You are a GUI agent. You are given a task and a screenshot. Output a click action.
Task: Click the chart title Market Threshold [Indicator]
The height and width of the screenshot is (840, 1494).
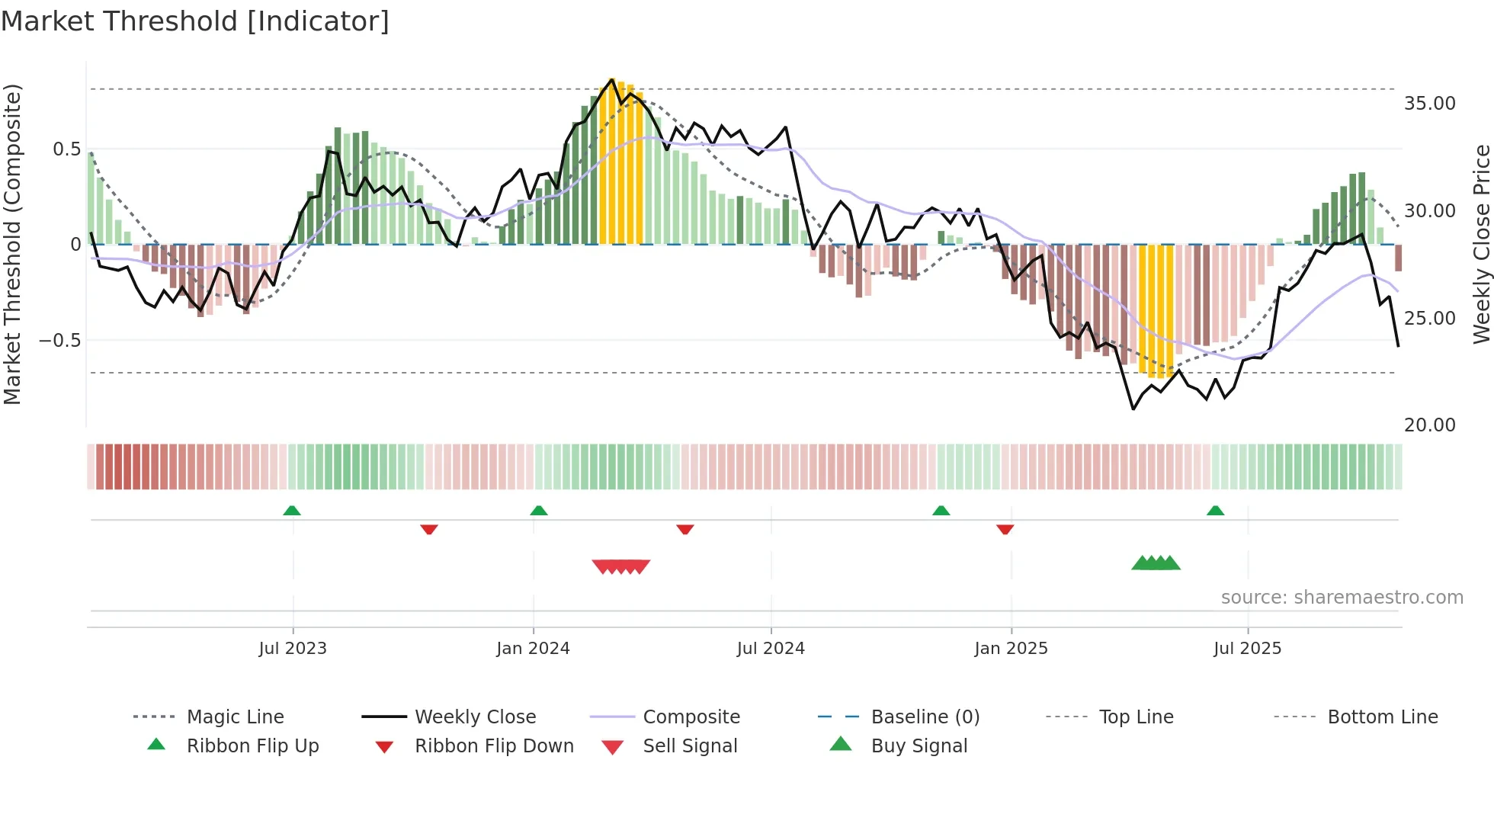click(195, 21)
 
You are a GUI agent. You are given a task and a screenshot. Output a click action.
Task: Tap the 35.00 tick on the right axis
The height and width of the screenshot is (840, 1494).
click(1429, 104)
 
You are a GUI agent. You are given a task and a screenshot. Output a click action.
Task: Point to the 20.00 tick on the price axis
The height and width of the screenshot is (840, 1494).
click(1429, 425)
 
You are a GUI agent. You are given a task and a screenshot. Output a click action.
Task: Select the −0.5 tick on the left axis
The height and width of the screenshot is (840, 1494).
click(60, 340)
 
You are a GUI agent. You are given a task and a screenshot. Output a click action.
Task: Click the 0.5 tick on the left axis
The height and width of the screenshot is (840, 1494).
click(66, 149)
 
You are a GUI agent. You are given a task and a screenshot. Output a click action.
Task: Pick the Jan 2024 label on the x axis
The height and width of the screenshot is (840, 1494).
click(533, 649)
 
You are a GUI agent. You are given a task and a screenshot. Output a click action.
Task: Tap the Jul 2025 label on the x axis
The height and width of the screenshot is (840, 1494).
click(1247, 649)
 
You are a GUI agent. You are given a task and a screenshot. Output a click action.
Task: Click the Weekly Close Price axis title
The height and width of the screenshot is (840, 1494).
click(1481, 244)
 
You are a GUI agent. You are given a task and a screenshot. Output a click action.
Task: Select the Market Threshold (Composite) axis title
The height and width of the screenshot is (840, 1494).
click(12, 244)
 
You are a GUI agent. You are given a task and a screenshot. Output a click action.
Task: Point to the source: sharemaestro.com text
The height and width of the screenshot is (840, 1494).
click(1342, 598)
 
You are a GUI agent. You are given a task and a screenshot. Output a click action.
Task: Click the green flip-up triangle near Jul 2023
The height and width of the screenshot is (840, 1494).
click(292, 511)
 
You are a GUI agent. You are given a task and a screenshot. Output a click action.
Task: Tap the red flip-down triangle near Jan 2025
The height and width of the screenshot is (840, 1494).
click(1005, 529)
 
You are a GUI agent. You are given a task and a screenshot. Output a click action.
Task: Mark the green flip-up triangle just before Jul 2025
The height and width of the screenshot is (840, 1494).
click(1215, 511)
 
